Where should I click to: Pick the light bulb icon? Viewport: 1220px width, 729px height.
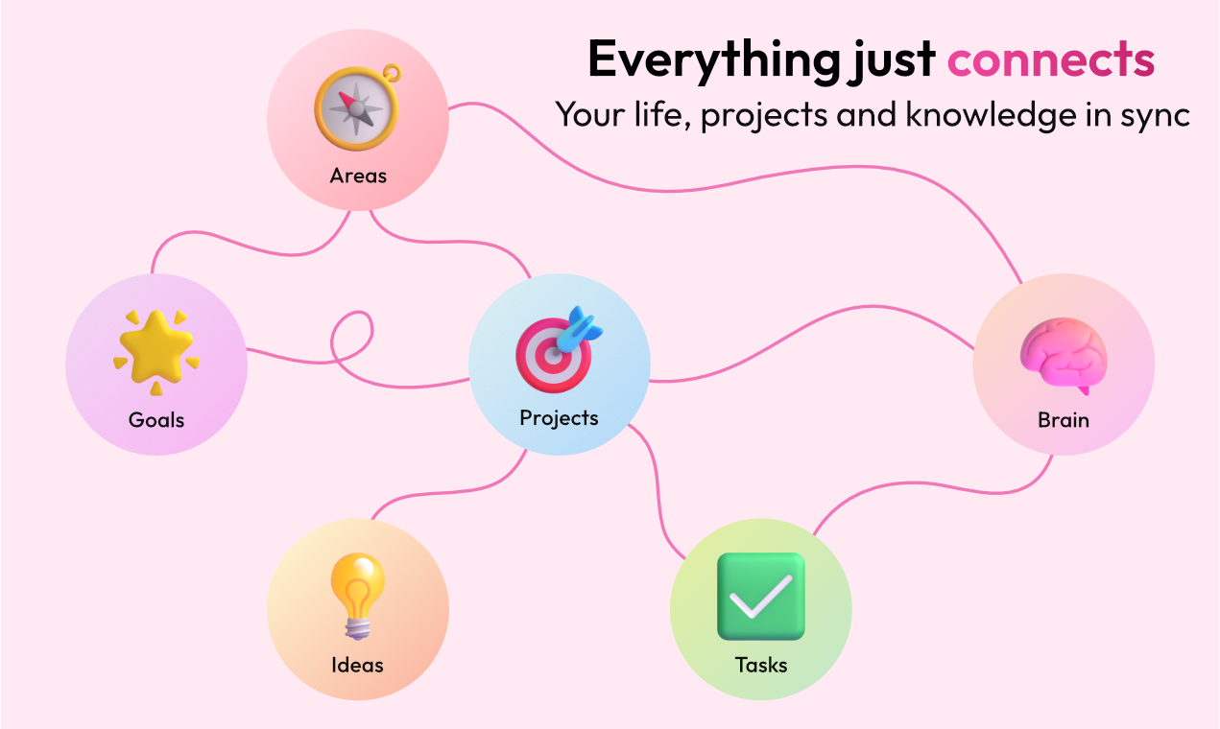(357, 595)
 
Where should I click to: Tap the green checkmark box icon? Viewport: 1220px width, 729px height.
(760, 597)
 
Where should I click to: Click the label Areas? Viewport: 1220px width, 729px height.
(358, 176)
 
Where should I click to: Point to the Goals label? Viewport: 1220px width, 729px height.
(156, 420)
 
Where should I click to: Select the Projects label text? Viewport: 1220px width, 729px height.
(559, 418)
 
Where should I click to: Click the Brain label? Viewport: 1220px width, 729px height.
(1064, 420)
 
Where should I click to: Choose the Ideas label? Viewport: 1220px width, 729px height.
(357, 665)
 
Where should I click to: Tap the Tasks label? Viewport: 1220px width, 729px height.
(760, 665)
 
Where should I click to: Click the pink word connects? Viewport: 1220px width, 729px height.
(1050, 59)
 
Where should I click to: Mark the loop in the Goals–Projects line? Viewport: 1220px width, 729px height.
(352, 336)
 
